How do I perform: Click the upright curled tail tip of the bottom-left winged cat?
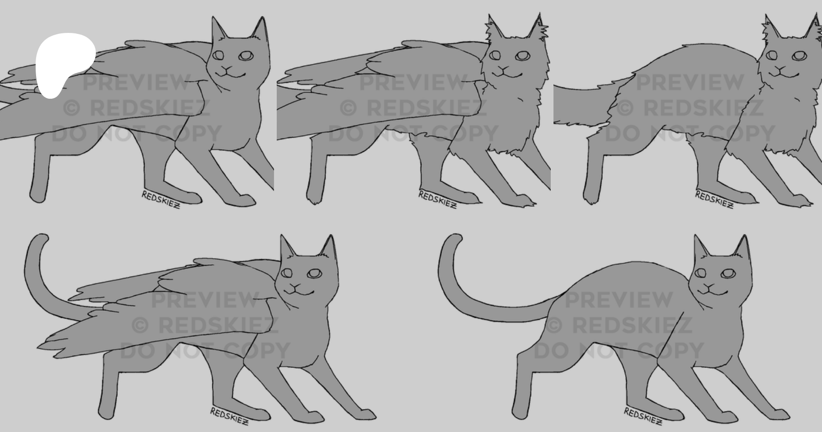click(x=41, y=239)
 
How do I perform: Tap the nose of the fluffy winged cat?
click(x=504, y=69)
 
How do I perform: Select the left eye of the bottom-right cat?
click(x=700, y=273)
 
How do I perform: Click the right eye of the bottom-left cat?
click(x=314, y=273)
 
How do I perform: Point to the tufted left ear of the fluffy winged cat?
click(x=493, y=28)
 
